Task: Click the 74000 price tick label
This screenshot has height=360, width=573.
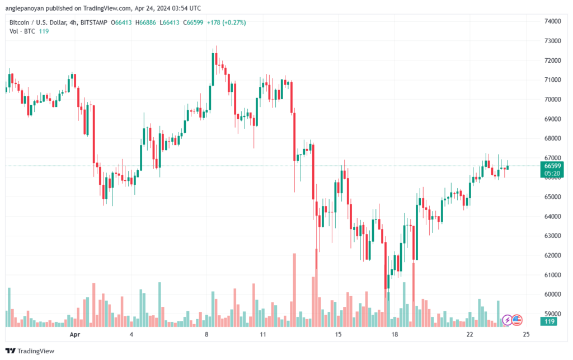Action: tap(552, 21)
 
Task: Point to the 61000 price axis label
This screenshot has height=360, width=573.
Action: tap(552, 275)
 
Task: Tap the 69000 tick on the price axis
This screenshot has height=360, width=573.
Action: tap(552, 119)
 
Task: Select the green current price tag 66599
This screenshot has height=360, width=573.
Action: tap(552, 166)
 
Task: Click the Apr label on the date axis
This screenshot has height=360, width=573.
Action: tap(74, 334)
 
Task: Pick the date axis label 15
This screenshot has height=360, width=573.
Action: tap(338, 334)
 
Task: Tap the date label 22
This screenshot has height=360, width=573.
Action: tap(469, 334)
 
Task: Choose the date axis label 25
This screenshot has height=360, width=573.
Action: tap(526, 334)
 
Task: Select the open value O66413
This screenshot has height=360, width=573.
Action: tap(123, 22)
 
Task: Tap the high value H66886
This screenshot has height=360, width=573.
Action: tap(147, 22)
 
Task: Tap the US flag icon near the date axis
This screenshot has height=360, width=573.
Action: tap(517, 320)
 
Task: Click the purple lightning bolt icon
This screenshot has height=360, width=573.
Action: tap(507, 320)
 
